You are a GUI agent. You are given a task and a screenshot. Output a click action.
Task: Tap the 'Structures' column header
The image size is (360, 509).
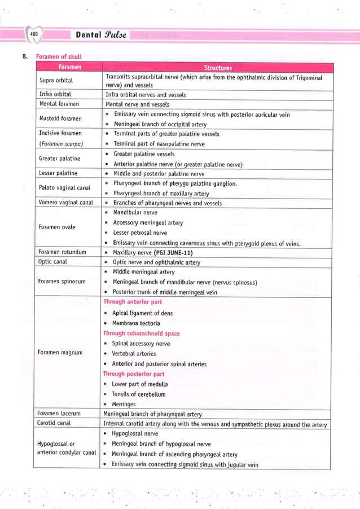pos(218,67)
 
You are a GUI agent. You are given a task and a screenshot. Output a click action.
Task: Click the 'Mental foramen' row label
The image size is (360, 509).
pos(59,104)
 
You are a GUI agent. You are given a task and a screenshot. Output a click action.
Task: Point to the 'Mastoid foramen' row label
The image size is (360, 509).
pos(60,119)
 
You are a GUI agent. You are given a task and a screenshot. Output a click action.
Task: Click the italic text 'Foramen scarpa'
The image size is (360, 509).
pos(57,143)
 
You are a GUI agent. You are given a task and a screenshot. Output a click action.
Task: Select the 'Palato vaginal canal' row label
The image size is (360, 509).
pos(64,187)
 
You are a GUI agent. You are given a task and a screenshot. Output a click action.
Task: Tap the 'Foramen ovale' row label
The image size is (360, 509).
pos(58,227)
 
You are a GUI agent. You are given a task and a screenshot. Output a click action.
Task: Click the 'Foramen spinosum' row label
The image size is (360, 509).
pos(62,282)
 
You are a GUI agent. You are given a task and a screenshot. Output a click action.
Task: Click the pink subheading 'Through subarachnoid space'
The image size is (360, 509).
pos(141,334)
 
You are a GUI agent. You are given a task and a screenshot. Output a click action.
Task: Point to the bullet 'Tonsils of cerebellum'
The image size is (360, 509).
pos(138,394)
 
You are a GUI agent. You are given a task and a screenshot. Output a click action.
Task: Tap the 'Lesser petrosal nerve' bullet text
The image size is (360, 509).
pos(140,232)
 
